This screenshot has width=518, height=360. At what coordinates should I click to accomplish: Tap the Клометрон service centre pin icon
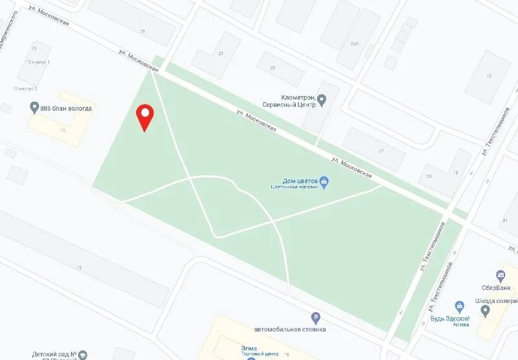(x=322, y=100)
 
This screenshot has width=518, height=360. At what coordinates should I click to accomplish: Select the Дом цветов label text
(x=300, y=181)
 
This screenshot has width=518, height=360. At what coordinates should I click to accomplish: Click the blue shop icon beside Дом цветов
(x=325, y=181)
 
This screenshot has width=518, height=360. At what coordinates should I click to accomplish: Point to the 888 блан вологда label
(x=65, y=108)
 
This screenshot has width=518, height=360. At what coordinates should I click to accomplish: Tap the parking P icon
(x=315, y=317)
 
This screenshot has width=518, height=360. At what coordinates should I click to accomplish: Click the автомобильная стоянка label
(x=289, y=329)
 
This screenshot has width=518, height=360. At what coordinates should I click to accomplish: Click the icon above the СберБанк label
(x=499, y=275)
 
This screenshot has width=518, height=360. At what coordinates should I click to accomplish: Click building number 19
(x=142, y=31)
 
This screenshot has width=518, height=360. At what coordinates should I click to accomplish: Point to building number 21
(x=221, y=54)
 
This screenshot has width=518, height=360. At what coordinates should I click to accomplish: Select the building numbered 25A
(x=354, y=43)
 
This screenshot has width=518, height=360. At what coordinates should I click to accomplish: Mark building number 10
(x=488, y=76)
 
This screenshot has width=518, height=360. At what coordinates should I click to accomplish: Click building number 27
(x=381, y=150)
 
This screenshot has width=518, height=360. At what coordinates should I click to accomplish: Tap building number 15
(x=79, y=267)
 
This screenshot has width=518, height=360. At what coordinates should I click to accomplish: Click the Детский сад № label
(x=55, y=354)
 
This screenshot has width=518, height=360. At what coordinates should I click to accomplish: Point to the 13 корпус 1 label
(x=39, y=62)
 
